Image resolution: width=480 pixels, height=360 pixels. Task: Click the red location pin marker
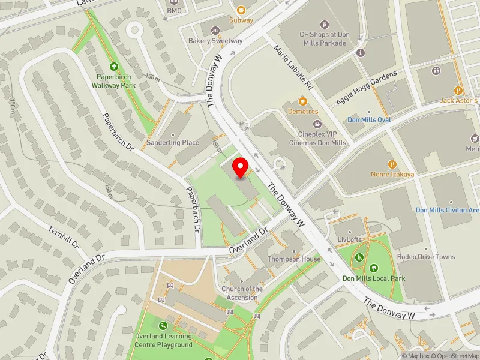(241, 167)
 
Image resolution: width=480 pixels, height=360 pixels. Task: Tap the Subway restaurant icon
(241, 10)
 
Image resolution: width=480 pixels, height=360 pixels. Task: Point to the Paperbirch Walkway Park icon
(113, 67)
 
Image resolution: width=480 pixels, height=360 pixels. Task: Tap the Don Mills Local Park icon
(374, 268)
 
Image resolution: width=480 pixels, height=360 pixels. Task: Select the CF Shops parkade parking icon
(325, 25)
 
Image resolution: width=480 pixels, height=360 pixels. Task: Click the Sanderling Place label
(173, 143)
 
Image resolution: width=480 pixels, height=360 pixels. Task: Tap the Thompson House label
(294, 259)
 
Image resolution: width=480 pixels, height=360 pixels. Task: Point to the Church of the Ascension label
(242, 293)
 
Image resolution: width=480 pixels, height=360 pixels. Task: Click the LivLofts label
(350, 239)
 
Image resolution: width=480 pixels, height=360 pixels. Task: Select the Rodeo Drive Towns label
(426, 257)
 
